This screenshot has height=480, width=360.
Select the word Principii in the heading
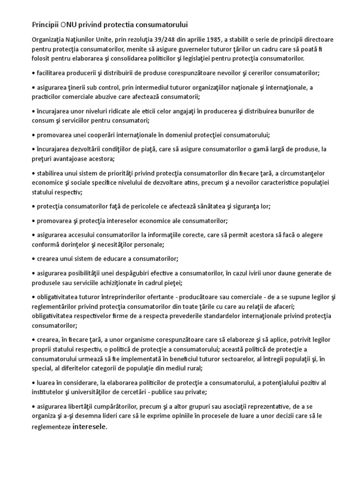point(45,24)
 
